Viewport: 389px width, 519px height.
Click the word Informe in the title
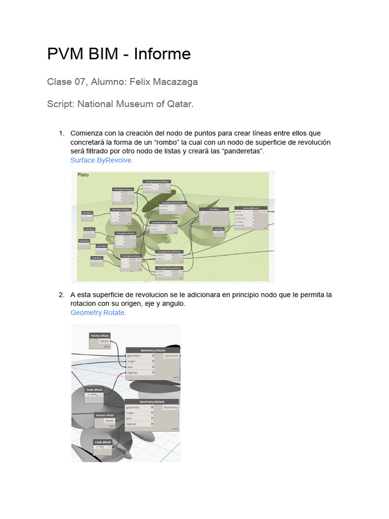[x=162, y=54]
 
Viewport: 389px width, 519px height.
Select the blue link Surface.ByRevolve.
[x=101, y=160]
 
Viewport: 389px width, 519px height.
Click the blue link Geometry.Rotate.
[x=98, y=313]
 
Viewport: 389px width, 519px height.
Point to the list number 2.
[x=61, y=294]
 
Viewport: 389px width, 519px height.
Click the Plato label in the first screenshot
[x=83, y=175]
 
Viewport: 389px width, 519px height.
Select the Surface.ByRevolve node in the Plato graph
[x=251, y=208]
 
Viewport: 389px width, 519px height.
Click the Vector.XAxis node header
[x=99, y=336]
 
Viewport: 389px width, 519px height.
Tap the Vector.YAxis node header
[x=105, y=415]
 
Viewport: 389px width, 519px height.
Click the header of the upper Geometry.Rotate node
[x=152, y=350]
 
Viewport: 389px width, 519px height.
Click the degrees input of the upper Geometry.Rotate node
[x=134, y=373]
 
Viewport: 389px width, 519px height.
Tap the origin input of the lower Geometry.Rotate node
[x=133, y=413]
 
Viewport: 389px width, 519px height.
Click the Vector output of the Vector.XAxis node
[x=104, y=341]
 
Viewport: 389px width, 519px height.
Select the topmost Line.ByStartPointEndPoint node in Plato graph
[x=157, y=181]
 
